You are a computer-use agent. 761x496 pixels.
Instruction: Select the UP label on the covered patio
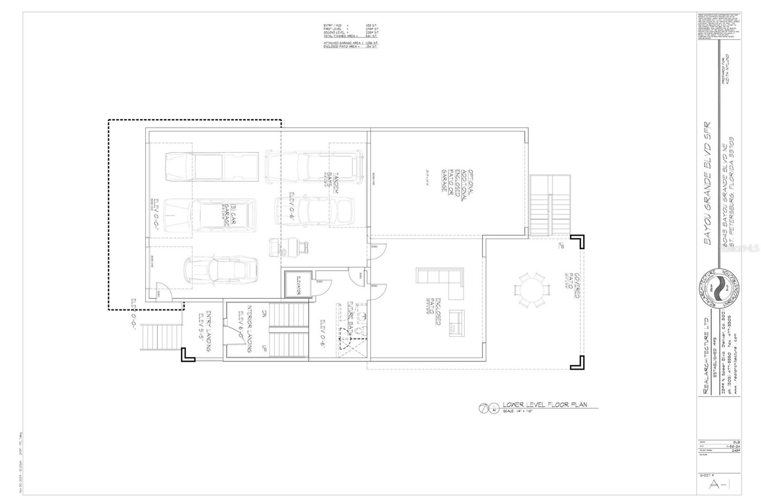562,246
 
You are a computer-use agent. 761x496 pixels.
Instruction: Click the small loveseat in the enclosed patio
457,323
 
